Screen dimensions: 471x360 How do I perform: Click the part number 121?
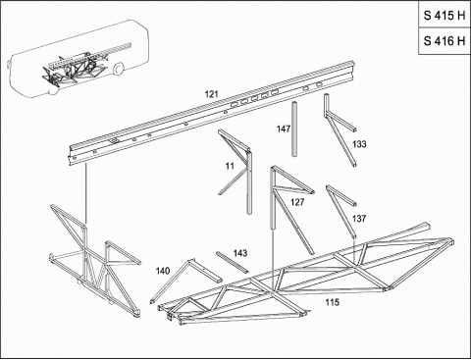tap(211, 94)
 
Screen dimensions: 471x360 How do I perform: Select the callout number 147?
tap(284, 129)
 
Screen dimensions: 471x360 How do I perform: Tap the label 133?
tap(359, 144)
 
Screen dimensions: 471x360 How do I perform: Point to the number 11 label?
tap(230, 166)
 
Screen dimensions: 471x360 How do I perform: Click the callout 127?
tap(297, 202)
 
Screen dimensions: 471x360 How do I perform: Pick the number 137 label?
tap(359, 218)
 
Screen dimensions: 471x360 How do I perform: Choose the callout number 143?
tap(240, 253)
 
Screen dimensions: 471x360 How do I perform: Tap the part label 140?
tap(163, 271)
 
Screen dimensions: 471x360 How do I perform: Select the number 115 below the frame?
tap(333, 302)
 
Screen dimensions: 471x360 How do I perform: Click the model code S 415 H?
tap(445, 16)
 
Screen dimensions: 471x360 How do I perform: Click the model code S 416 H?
tap(445, 41)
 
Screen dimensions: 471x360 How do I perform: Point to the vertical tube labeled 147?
tap(294, 129)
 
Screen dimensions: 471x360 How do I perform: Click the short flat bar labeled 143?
tap(232, 262)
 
